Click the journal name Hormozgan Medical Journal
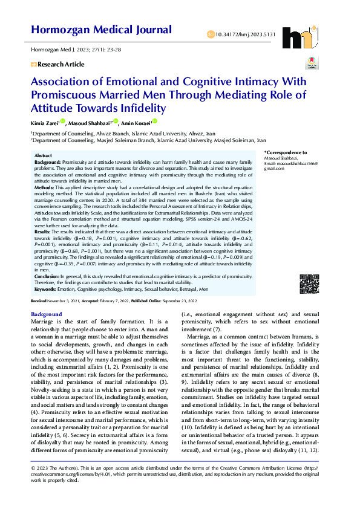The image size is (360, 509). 101,30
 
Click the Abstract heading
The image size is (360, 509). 44,156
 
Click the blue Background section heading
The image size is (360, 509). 46,314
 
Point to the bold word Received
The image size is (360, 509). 39,300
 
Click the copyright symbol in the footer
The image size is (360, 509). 33,485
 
